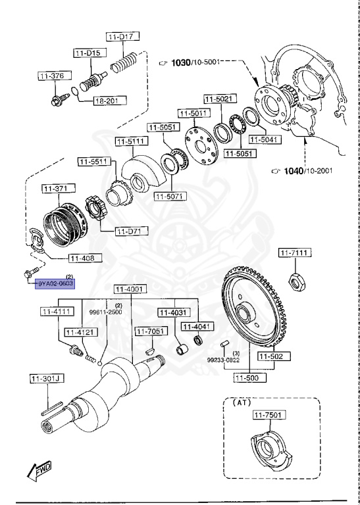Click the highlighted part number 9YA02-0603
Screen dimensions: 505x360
tap(55, 283)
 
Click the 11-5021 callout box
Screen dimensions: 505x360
tap(217, 99)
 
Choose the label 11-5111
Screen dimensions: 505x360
tap(132, 141)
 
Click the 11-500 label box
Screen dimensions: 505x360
tap(248, 378)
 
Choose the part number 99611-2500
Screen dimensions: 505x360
tap(105, 312)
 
